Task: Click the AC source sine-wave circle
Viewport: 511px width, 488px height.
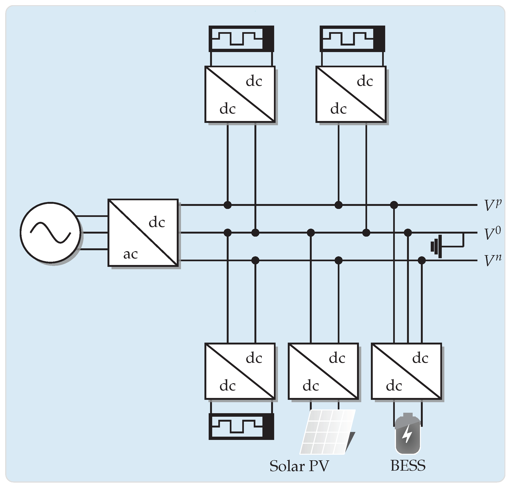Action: [50, 232]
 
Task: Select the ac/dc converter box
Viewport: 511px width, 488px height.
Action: [143, 233]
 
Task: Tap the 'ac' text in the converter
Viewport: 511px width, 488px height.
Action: [130, 254]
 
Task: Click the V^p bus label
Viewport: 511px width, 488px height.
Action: [492, 205]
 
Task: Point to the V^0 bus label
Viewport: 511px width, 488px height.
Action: [492, 233]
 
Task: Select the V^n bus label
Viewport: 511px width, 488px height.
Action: [492, 260]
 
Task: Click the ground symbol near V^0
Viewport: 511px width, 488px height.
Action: [437, 246]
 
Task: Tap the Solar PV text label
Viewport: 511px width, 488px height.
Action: [299, 466]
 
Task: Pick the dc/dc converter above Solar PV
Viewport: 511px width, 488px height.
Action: [323, 371]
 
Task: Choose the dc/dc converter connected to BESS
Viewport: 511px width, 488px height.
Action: [406, 371]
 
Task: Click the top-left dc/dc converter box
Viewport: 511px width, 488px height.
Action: [240, 94]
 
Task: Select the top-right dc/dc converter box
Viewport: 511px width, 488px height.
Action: [351, 94]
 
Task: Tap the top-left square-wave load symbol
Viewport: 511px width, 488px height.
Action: [241, 38]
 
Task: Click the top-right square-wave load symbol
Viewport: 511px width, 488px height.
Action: [352, 38]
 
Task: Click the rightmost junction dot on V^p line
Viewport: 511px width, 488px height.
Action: [394, 205]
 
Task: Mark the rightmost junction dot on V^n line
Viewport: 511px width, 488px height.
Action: [421, 260]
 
